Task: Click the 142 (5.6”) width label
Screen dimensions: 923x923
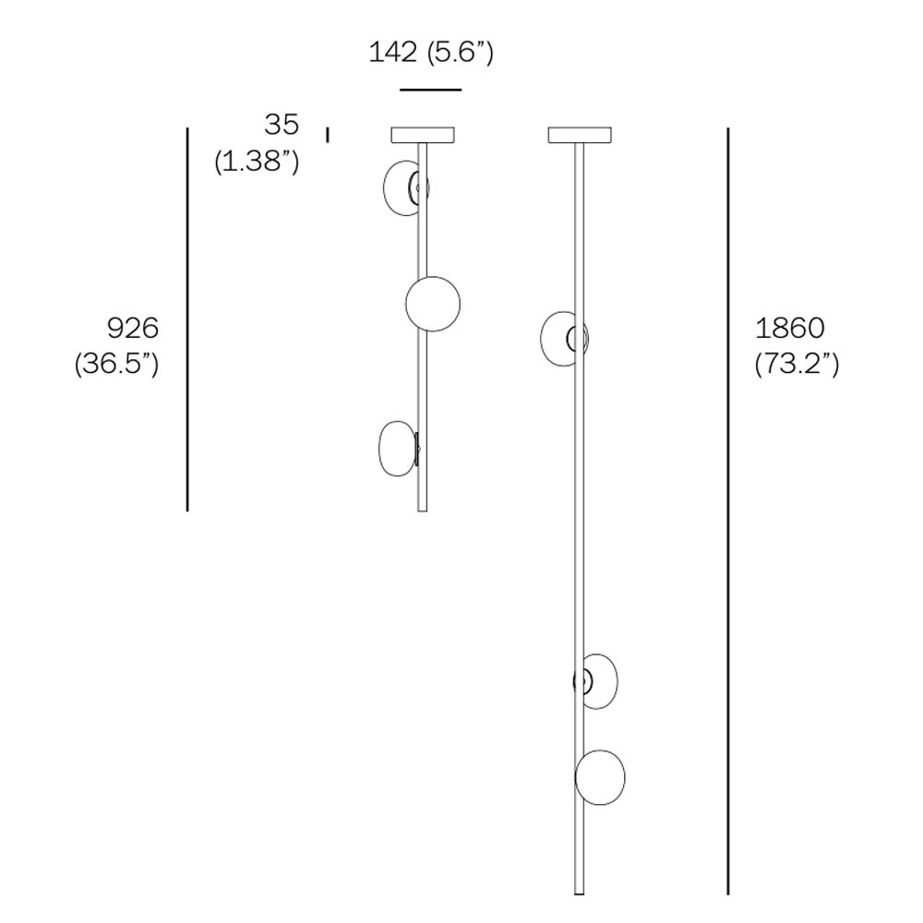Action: point(431,53)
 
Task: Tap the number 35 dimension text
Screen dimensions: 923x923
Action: point(282,125)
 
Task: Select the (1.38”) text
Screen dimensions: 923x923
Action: point(257,161)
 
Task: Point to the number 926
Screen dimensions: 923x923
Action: point(133,328)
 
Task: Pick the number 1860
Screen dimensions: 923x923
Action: point(789,328)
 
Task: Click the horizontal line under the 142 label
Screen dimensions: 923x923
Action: point(430,90)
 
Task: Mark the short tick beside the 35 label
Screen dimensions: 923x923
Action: point(328,136)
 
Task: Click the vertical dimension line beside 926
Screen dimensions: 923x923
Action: point(187,319)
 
